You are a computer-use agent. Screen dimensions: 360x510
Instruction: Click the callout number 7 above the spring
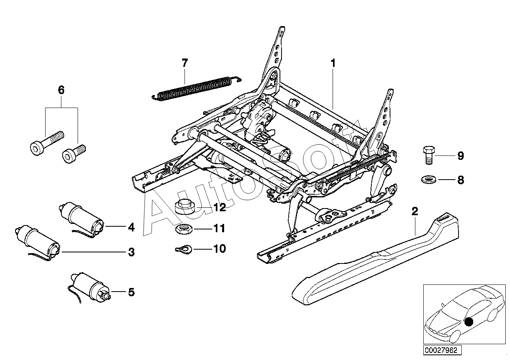pos(185,63)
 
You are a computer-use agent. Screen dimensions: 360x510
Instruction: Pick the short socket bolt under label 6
pos(73,153)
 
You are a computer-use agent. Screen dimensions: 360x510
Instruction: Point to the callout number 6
pos(61,90)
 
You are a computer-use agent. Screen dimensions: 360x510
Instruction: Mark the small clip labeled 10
pos(183,249)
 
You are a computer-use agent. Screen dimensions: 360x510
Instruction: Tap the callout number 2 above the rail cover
pos(415,212)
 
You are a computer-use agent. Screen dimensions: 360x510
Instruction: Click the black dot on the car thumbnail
pos(468,322)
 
